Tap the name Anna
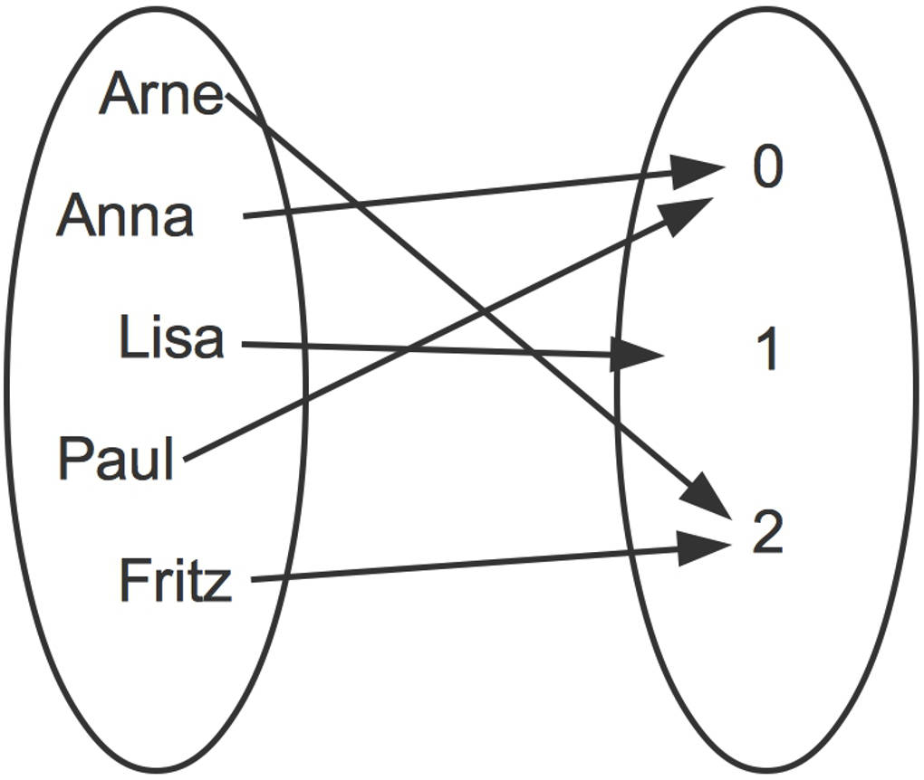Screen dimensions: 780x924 tap(125, 217)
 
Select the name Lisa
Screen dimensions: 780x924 tap(171, 338)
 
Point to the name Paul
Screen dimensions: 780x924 tap(116, 459)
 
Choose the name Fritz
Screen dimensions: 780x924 tap(175, 581)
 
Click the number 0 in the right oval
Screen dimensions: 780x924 tap(766, 168)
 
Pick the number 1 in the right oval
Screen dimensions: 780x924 tap(766, 351)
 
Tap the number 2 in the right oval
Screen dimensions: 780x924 tap(766, 534)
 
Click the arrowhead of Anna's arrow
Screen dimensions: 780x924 tap(701, 170)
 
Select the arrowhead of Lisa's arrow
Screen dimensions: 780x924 tap(640, 355)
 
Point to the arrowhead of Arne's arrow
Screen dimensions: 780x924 tap(712, 499)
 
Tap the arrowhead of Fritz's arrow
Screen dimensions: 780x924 tap(707, 547)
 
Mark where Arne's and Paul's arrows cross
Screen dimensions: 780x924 tap(487, 312)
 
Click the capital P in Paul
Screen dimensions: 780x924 tap(72, 459)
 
